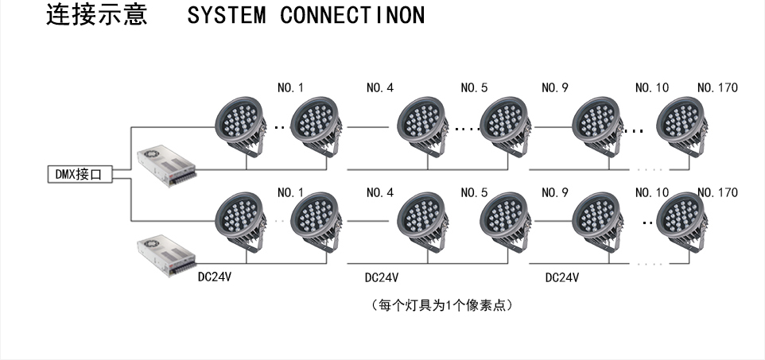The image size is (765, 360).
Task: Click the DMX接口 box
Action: click(x=77, y=175)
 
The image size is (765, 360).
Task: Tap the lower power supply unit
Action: click(x=166, y=252)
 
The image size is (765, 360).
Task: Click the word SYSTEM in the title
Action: click(x=227, y=16)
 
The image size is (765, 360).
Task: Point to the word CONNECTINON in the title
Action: click(x=351, y=16)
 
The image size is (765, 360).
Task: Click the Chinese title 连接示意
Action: click(x=96, y=15)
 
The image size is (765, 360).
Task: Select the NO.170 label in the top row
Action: click(x=716, y=87)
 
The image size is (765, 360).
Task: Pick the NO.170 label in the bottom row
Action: click(x=716, y=192)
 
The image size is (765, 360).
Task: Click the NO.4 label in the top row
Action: click(x=380, y=87)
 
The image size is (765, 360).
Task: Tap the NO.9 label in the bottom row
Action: click(x=554, y=192)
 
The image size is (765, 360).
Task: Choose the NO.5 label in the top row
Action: click(x=474, y=87)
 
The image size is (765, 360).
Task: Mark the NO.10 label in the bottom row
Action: click(x=652, y=192)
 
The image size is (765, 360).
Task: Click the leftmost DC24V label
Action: click(x=215, y=277)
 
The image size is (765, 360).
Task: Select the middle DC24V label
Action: click(x=381, y=278)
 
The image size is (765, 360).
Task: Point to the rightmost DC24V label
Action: click(x=561, y=278)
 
